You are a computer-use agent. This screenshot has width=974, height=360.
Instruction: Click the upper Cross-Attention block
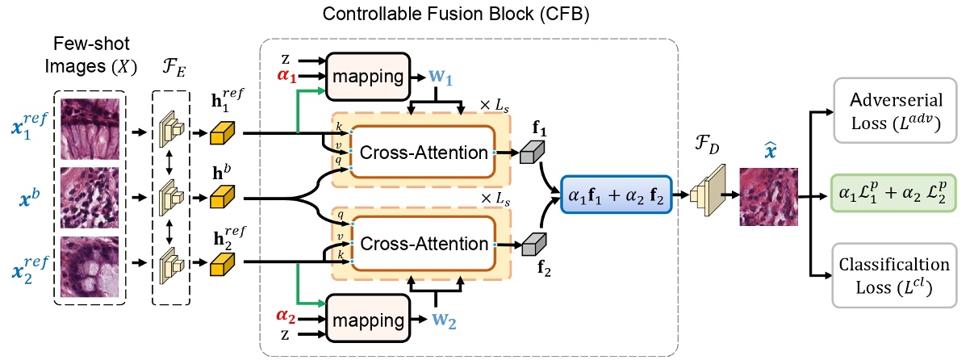(x=422, y=152)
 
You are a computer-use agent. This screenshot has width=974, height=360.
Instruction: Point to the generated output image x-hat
(x=768, y=195)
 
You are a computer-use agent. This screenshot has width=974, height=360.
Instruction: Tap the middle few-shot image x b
(x=90, y=197)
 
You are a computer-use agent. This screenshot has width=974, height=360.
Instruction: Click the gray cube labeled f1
(x=533, y=152)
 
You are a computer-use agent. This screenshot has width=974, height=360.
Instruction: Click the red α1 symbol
(x=287, y=78)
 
